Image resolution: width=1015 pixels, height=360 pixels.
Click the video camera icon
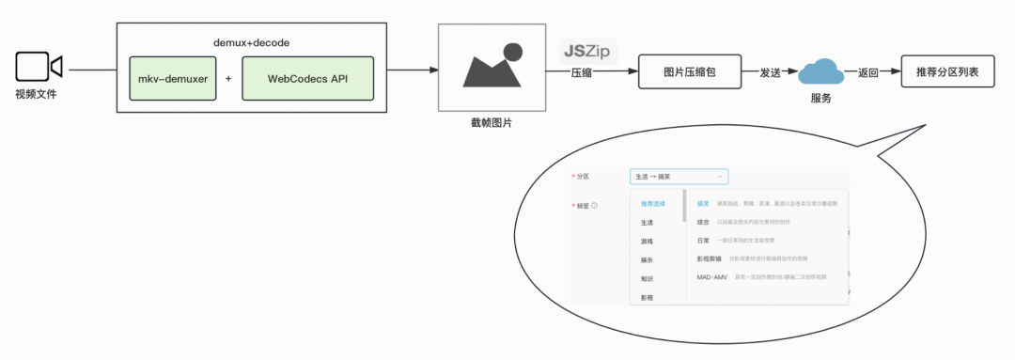pyautogui.click(x=39, y=68)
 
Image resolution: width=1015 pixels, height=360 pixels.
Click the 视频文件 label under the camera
pyautogui.click(x=37, y=94)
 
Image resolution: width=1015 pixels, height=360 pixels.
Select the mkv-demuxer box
pyautogui.click(x=173, y=78)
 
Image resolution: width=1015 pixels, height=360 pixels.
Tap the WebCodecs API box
pyautogui.click(x=307, y=78)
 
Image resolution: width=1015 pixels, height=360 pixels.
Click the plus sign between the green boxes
pyautogui.click(x=228, y=78)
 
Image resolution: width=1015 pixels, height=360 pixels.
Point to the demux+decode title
pyautogui.click(x=251, y=43)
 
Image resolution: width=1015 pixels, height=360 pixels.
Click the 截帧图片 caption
pyautogui.click(x=492, y=123)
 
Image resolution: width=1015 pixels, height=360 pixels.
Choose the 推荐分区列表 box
pyautogui.click(x=946, y=70)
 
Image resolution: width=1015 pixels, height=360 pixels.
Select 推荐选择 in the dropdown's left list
pyautogui.click(x=653, y=204)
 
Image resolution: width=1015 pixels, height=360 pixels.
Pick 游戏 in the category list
pyautogui.click(x=647, y=242)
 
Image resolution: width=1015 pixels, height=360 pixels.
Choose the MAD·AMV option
pyautogui.click(x=711, y=277)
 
